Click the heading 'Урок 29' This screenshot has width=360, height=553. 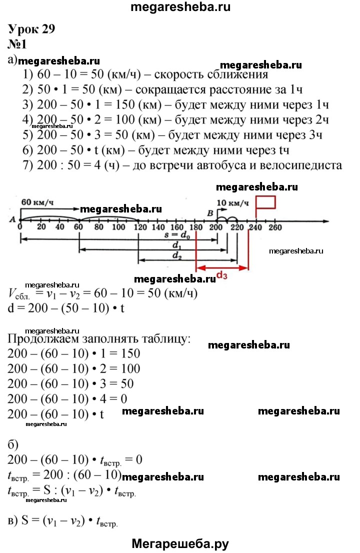(x=31, y=29)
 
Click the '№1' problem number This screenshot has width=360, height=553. (x=17, y=44)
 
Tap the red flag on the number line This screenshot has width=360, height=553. (x=265, y=202)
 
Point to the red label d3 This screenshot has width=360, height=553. (x=222, y=274)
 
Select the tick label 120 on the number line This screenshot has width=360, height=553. (x=140, y=227)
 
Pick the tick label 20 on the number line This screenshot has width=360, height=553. (x=41, y=227)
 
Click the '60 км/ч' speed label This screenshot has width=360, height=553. (x=37, y=202)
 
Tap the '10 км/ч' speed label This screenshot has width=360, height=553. (x=232, y=203)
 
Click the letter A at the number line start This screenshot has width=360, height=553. (x=12, y=219)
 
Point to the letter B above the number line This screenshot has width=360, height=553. (x=210, y=213)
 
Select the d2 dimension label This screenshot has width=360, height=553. (x=176, y=255)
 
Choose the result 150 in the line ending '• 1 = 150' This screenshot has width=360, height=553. (x=130, y=353)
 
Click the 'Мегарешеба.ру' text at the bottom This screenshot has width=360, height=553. (x=180, y=543)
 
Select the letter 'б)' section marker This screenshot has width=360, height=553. (x=13, y=444)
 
